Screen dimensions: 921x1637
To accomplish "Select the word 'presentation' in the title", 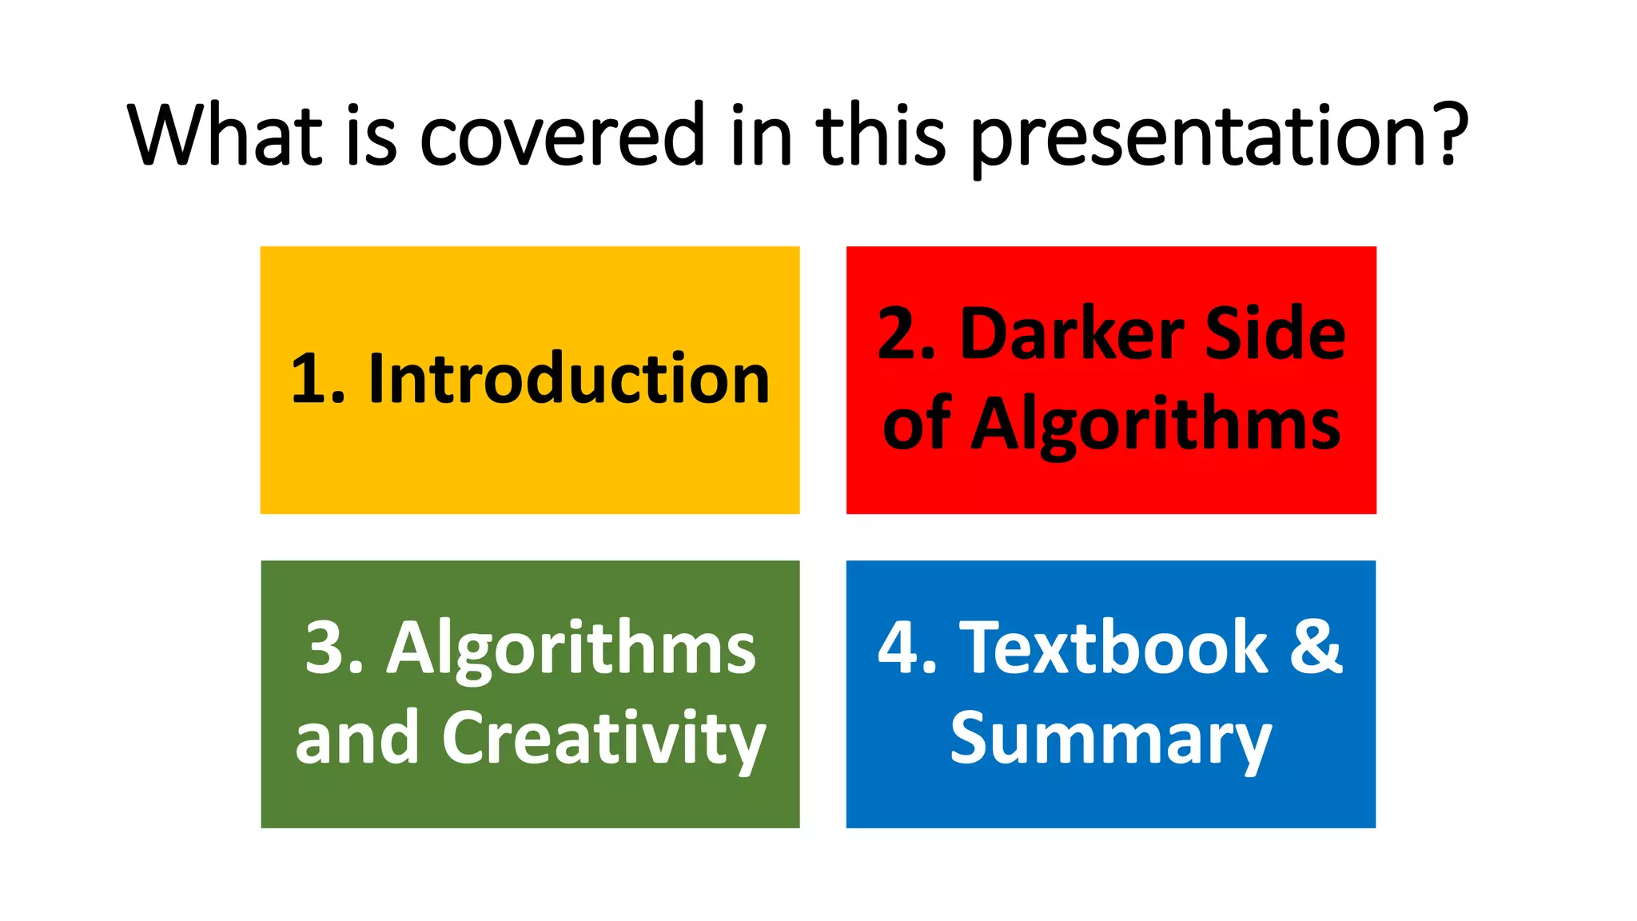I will click(1198, 136).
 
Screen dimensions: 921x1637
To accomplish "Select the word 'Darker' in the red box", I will click(1072, 334).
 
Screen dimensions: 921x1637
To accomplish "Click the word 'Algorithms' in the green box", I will click(571, 649).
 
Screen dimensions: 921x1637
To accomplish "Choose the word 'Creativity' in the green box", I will click(603, 739).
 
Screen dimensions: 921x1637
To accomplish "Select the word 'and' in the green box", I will click(356, 739).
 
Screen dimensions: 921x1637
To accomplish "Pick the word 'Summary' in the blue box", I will click(1110, 740).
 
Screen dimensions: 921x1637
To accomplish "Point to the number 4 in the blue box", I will click(898, 649).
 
